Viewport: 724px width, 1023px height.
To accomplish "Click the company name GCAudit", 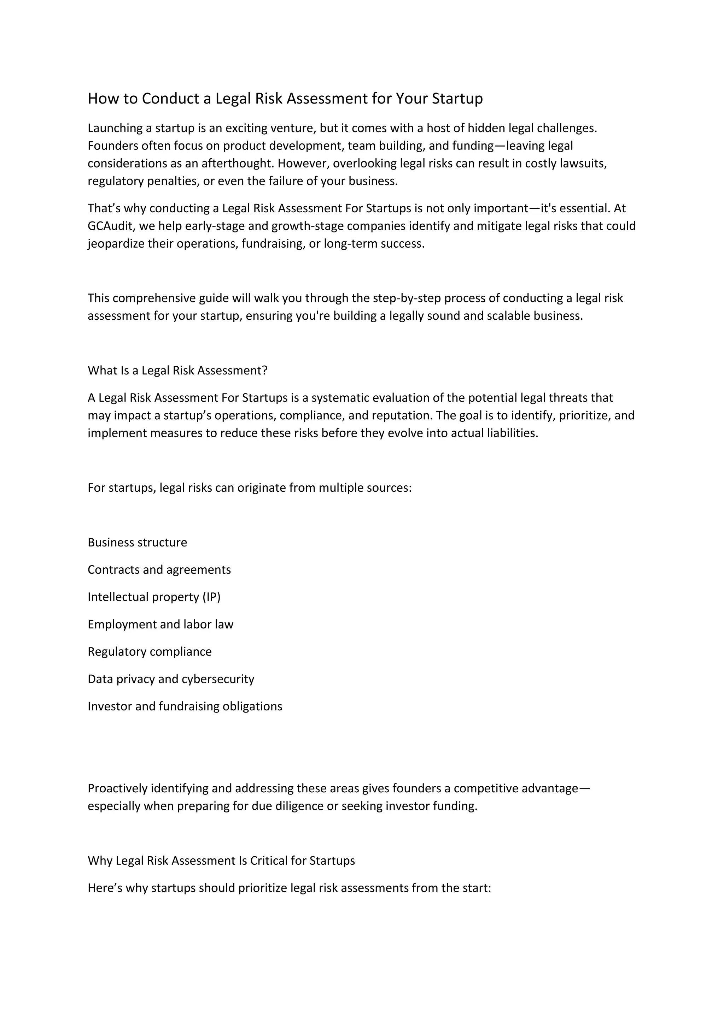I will point(111,226).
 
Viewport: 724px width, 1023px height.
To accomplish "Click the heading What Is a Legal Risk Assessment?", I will point(177,370).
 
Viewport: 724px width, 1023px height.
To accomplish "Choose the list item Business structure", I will point(137,542).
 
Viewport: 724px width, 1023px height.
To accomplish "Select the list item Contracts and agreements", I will point(159,569).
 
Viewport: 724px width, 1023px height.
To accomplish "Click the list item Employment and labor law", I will point(160,624).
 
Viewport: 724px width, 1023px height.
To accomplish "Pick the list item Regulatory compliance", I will point(149,651).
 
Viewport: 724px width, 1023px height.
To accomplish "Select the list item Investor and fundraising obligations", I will point(185,706).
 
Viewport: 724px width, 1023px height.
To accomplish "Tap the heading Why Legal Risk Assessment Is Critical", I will point(221,861).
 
